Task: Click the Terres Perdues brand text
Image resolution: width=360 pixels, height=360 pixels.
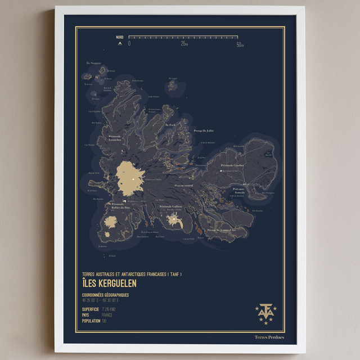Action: (x=269, y=337)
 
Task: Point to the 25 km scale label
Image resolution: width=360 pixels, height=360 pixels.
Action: (x=184, y=44)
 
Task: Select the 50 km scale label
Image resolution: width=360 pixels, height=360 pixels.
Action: (x=240, y=44)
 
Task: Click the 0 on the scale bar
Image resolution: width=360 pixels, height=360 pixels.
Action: (x=129, y=43)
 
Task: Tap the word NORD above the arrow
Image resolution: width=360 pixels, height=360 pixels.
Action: (x=120, y=37)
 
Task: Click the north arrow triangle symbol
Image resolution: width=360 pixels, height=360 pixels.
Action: (x=120, y=44)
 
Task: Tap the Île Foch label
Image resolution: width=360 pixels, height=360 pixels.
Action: (x=171, y=124)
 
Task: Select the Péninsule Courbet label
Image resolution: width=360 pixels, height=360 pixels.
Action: (x=232, y=166)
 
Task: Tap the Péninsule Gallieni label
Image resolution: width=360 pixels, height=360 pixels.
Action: (x=170, y=206)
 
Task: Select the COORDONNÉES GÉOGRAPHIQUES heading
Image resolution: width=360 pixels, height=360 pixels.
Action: (x=106, y=295)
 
